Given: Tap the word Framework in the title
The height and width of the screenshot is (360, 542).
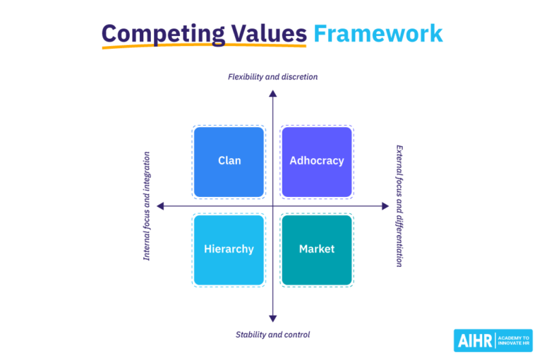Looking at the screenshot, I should coord(378,33).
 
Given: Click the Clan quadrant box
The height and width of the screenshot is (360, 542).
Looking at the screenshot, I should coord(229,162).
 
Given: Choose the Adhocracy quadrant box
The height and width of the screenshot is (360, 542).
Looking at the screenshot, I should coord(317,162).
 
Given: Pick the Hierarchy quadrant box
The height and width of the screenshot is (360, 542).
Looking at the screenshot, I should coord(229,250).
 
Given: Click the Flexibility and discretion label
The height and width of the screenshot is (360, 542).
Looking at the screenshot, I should coord(272,76).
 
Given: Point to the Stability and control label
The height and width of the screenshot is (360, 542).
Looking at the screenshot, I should coord(272,335).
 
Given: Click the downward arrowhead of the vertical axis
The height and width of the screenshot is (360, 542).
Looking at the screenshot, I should coord(272,319).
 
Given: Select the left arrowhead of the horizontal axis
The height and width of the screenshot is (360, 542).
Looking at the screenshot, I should coord(160,206).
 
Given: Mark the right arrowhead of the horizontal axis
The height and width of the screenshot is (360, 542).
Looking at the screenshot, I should coord(385,206).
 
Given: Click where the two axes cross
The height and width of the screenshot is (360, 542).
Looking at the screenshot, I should coord(272,206).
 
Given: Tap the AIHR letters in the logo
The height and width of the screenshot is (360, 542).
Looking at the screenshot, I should coord(476,340).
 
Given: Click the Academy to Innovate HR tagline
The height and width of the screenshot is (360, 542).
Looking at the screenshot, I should coord(513,340).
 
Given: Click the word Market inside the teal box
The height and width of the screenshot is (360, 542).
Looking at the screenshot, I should coord(317,249).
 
